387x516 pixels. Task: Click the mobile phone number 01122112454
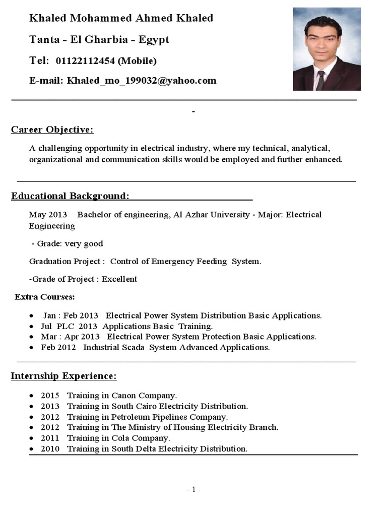click(x=85, y=61)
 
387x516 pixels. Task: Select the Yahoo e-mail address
click(x=142, y=81)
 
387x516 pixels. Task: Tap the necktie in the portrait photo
click(x=320, y=80)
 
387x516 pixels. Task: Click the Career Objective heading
click(x=52, y=130)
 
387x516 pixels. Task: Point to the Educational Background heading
click(x=71, y=196)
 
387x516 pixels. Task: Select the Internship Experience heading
click(x=64, y=376)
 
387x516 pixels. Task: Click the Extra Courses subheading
click(x=45, y=297)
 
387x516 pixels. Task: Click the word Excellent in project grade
click(x=119, y=279)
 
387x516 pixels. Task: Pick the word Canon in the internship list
click(x=124, y=396)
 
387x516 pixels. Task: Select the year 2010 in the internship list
click(x=50, y=448)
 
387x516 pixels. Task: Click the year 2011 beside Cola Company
click(x=50, y=438)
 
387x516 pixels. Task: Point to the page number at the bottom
click(x=193, y=490)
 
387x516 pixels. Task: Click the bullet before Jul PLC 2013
click(x=32, y=327)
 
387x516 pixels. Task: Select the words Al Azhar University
click(x=212, y=215)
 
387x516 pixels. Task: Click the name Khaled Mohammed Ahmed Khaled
click(x=121, y=19)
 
